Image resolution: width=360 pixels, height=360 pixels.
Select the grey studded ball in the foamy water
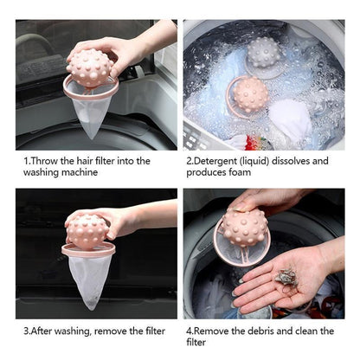pyautogui.click(x=264, y=54)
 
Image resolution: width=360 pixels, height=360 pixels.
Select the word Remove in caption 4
pyautogui.click(x=216, y=330)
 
